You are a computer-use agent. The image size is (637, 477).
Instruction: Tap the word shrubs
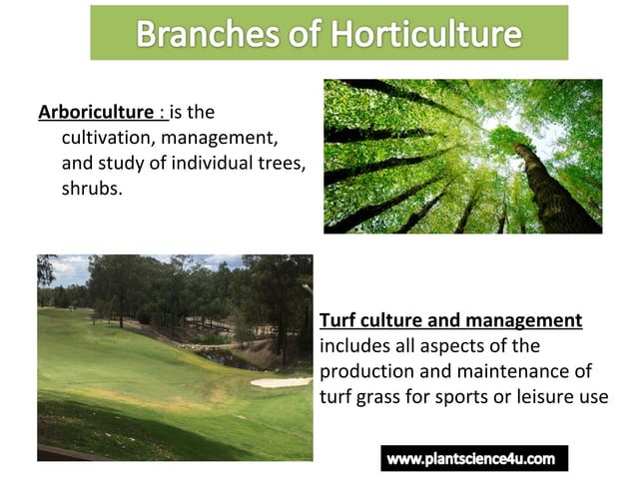(x=92, y=187)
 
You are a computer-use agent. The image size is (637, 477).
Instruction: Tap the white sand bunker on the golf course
(x=279, y=381)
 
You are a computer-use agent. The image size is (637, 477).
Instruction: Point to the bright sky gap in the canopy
(x=499, y=125)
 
